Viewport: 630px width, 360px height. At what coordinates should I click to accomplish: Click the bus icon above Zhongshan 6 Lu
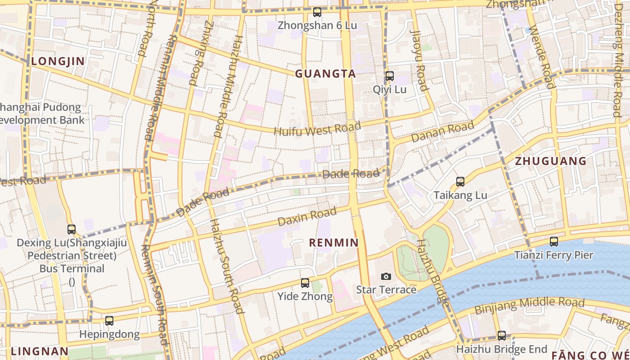pyautogui.click(x=317, y=12)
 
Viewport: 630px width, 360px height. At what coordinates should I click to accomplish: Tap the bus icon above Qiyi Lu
pyautogui.click(x=389, y=76)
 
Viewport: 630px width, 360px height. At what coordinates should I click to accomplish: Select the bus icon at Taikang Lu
pyautogui.click(x=460, y=182)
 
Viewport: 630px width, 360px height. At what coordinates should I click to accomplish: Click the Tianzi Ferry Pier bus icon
pyautogui.click(x=553, y=242)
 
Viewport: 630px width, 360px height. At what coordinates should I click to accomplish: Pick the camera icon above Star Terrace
pyautogui.click(x=386, y=276)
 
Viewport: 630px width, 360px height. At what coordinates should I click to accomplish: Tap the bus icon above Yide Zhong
pyautogui.click(x=305, y=283)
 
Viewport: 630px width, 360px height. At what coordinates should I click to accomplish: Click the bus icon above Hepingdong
pyautogui.click(x=109, y=321)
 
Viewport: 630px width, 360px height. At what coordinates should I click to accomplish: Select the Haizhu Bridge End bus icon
pyautogui.click(x=502, y=335)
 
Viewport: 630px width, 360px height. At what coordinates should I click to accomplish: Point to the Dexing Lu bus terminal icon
pyautogui.click(x=72, y=229)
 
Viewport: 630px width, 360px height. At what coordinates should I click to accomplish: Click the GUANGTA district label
pyautogui.click(x=325, y=74)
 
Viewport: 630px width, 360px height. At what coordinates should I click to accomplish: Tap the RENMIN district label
pyautogui.click(x=333, y=243)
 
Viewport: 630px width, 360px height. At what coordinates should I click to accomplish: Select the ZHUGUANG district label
pyautogui.click(x=550, y=161)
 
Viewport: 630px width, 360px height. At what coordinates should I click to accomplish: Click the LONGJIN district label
pyautogui.click(x=58, y=61)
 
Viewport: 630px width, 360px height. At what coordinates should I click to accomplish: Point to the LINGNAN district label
pyautogui.click(x=40, y=351)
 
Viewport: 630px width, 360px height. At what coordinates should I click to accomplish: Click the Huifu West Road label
pyautogui.click(x=317, y=129)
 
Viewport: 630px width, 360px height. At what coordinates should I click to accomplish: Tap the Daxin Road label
pyautogui.click(x=307, y=216)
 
